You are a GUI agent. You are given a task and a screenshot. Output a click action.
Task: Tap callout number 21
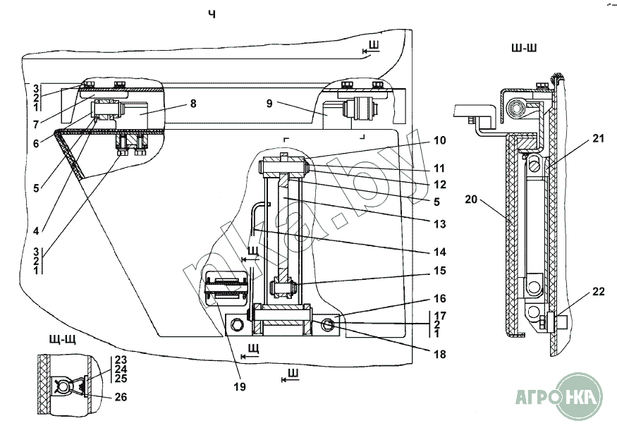598,139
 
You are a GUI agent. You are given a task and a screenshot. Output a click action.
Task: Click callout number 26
121,397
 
